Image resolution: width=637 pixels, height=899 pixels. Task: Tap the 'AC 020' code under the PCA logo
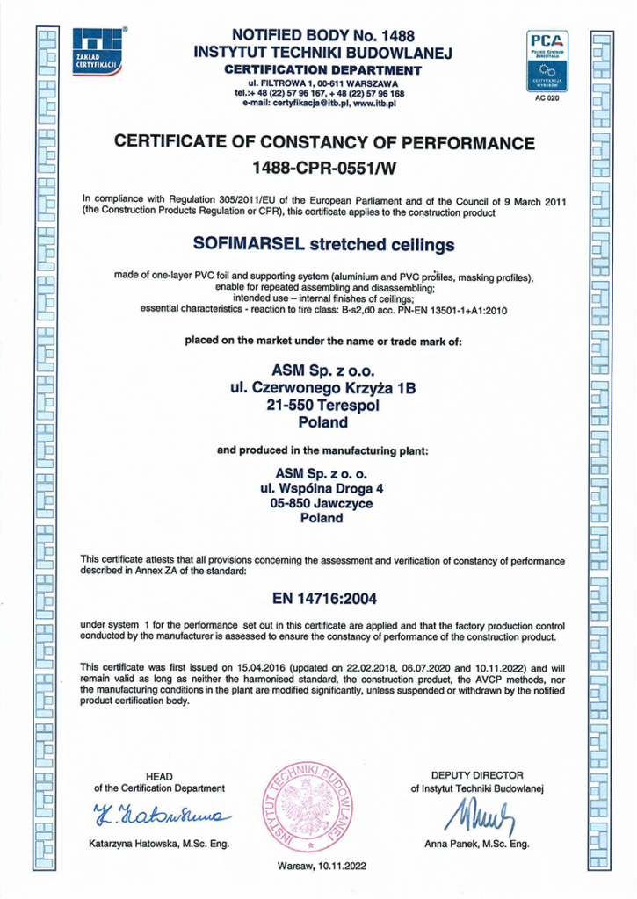tap(546, 99)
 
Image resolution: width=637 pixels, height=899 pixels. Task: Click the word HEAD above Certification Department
tap(159, 776)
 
